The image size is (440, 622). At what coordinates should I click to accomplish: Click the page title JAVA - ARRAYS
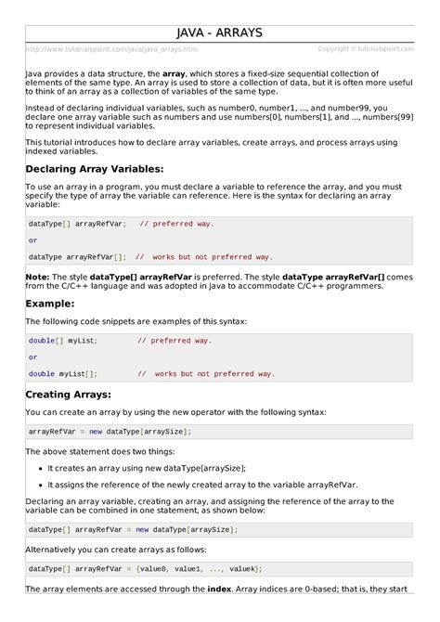tap(220, 33)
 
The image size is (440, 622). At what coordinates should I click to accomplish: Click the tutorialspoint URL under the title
tap(111, 49)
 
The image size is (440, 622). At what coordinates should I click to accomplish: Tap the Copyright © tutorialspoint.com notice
tap(366, 49)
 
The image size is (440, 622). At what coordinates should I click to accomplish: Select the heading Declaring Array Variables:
tap(94, 169)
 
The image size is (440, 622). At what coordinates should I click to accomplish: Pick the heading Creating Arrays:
tap(70, 395)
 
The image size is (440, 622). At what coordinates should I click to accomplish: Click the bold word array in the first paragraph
tap(175, 72)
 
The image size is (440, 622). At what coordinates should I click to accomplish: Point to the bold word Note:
tap(37, 277)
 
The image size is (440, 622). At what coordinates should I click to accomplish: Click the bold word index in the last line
tap(219, 589)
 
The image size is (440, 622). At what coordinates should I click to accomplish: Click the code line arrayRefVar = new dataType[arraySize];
tap(110, 432)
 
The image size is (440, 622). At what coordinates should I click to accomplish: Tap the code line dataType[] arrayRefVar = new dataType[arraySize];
tap(133, 529)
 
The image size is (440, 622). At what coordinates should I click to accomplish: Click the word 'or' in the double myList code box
tap(33, 357)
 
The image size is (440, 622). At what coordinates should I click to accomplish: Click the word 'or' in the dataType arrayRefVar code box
tap(33, 240)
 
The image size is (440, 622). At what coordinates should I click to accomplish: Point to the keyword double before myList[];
tap(42, 374)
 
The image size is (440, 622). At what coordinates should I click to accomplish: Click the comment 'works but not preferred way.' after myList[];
tap(214, 374)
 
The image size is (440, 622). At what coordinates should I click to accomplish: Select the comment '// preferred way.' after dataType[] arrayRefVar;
tap(176, 224)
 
